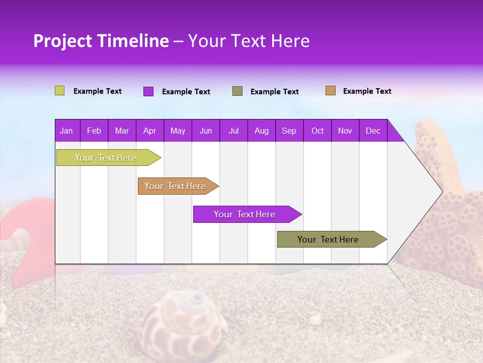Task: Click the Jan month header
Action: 67,131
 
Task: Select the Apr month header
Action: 150,131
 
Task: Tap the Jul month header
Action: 233,131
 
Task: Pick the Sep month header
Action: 289,131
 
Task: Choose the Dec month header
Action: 373,131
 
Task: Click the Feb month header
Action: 94,131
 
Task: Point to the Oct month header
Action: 317,131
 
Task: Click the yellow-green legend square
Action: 59,91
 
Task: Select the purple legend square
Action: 148,91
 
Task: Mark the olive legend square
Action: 237,91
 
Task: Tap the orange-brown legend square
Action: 331,91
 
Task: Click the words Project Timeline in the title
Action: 101,41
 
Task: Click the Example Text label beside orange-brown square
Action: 367,91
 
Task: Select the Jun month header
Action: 206,131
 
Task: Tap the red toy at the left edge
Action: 25,242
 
